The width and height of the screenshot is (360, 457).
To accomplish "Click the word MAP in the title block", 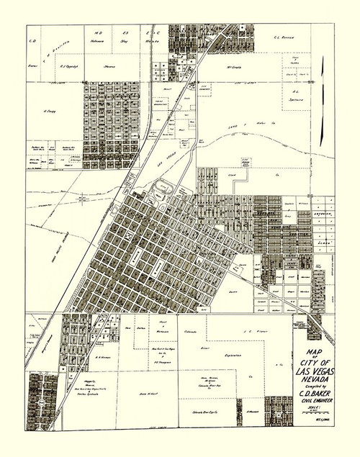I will coord(315,353).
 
